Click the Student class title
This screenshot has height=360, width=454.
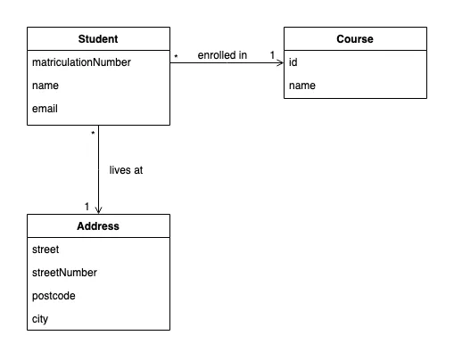pyautogui.click(x=98, y=39)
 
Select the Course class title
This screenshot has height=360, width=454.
pyautogui.click(x=355, y=39)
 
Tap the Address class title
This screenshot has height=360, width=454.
pyautogui.click(x=98, y=226)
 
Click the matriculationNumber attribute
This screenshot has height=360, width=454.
pyautogui.click(x=81, y=62)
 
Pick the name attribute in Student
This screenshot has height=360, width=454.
pyautogui.click(x=45, y=86)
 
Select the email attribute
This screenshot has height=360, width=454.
pyautogui.click(x=45, y=110)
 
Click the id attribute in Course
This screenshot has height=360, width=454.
pyautogui.click(x=293, y=62)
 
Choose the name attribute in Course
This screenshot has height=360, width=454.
pyautogui.click(x=301, y=86)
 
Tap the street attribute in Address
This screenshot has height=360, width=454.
pyautogui.click(x=46, y=250)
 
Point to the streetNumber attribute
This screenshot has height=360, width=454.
pyautogui.click(x=64, y=273)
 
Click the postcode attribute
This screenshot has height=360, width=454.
pyautogui.click(x=54, y=296)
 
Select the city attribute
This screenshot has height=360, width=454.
pyautogui.click(x=41, y=319)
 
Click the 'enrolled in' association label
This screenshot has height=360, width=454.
pyautogui.click(x=222, y=55)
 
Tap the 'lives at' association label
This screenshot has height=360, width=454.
pyautogui.click(x=126, y=169)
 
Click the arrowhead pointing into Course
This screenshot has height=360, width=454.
pyautogui.click(x=280, y=62)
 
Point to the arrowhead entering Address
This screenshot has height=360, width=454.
pyautogui.click(x=98, y=211)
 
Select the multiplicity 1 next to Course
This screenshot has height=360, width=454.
pyautogui.click(x=272, y=55)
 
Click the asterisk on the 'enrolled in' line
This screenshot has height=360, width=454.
pyautogui.click(x=176, y=57)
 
